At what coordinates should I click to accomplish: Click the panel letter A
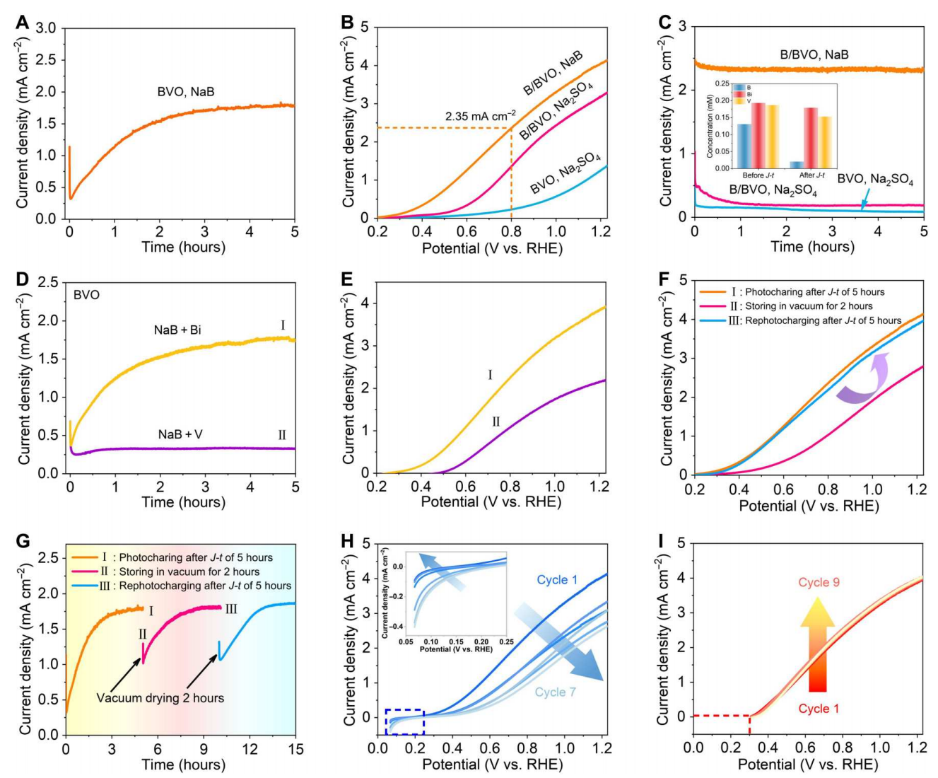(23, 23)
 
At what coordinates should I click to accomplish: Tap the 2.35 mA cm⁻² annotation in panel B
(480, 115)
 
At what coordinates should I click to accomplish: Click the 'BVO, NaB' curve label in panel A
(186, 92)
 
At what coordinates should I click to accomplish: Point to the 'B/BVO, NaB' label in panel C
(814, 54)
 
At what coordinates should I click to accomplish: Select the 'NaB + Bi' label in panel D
(177, 330)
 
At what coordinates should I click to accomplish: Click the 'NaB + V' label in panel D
(180, 434)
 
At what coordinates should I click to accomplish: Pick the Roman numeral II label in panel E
(496, 422)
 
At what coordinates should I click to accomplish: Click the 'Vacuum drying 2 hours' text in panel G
(160, 698)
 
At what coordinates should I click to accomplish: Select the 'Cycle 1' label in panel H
(557, 580)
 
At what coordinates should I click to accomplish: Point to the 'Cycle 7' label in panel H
(555, 692)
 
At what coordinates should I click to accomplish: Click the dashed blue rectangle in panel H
(404, 721)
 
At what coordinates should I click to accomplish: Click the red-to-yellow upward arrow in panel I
(818, 644)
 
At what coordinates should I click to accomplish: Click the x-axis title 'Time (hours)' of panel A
(183, 247)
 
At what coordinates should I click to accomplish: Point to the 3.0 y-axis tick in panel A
(46, 28)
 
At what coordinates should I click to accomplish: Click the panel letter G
(23, 541)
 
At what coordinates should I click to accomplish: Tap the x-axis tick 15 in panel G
(295, 749)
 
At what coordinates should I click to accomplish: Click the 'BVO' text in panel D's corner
(86, 295)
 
